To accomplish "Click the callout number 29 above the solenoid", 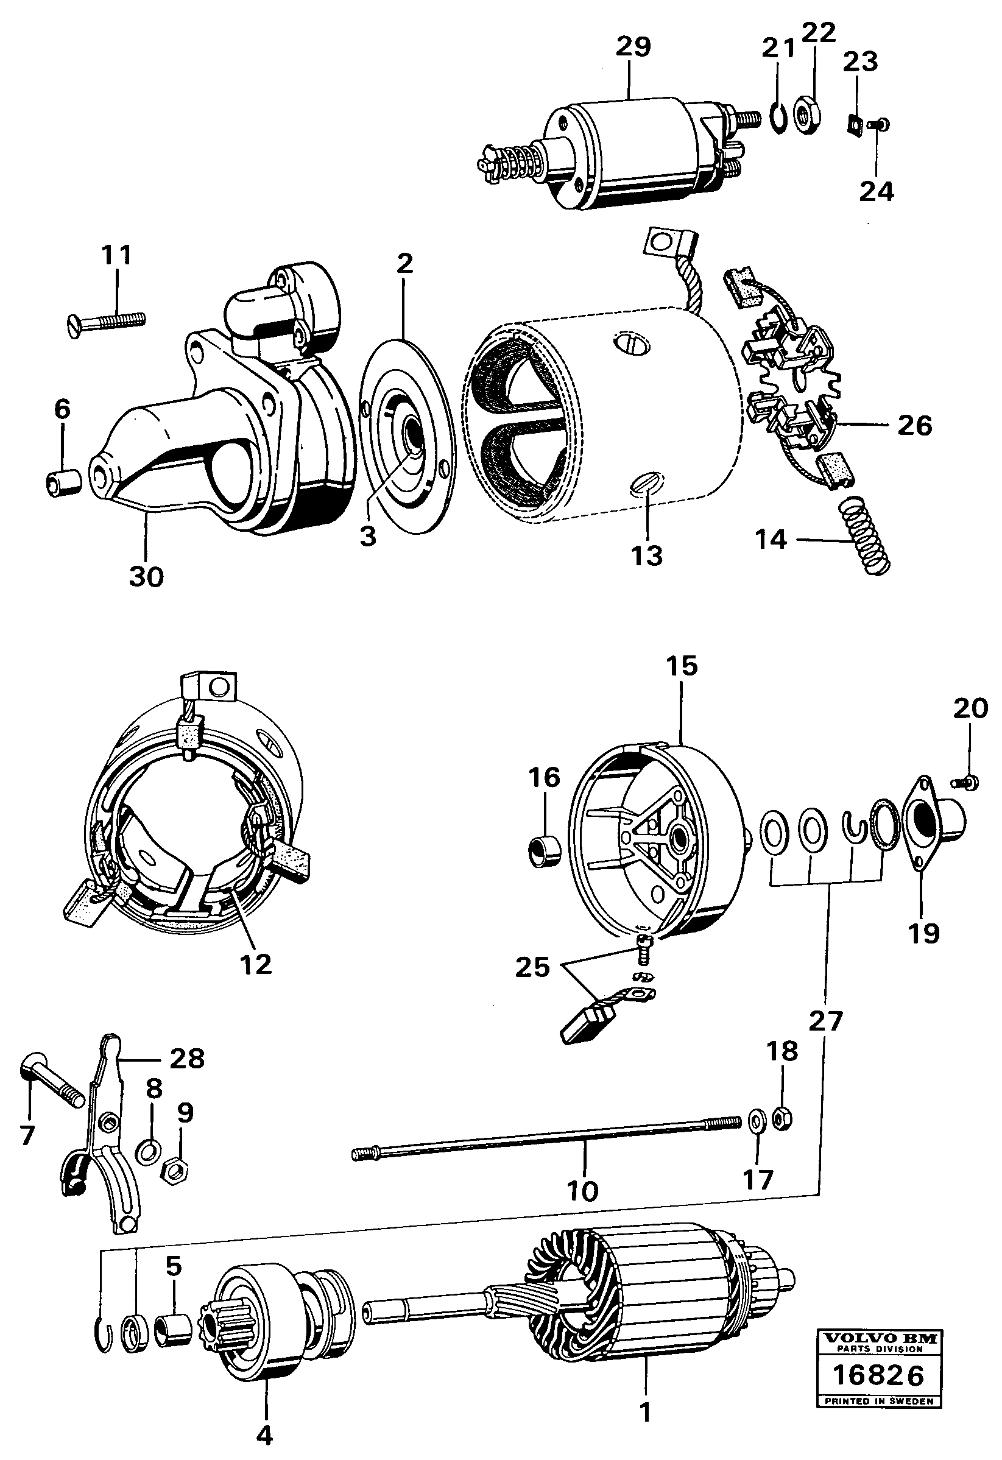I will click(633, 46).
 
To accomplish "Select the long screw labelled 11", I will click(105, 322).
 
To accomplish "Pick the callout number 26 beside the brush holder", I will click(914, 426).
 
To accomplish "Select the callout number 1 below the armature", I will click(644, 1413).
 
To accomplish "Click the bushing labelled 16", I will click(543, 853).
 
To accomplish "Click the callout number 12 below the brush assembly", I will click(256, 964).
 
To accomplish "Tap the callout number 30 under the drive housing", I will click(146, 576).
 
